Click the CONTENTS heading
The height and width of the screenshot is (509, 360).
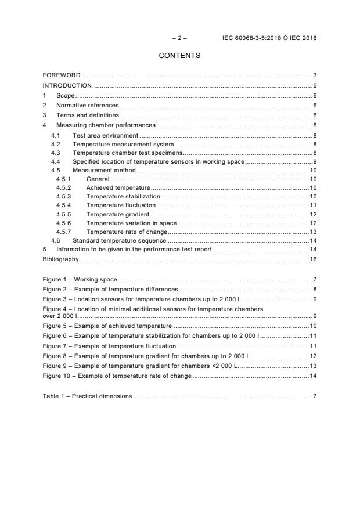pyautogui.click(x=179, y=56)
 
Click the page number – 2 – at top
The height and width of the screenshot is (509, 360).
pyautogui.click(x=179, y=38)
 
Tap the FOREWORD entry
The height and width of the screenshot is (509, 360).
pyautogui.click(x=62, y=75)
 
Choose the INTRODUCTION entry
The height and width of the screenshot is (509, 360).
pyautogui.click(x=67, y=85)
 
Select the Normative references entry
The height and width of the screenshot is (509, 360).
pyautogui.click(x=87, y=105)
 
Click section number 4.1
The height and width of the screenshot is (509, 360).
pyautogui.click(x=56, y=135)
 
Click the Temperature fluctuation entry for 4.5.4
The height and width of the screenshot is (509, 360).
pyautogui.click(x=121, y=205)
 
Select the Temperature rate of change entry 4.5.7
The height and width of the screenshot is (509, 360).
pyautogui.click(x=126, y=232)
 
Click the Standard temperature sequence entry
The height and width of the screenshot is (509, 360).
pyautogui.click(x=119, y=240)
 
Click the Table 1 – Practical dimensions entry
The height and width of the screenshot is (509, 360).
pyautogui.click(x=87, y=396)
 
